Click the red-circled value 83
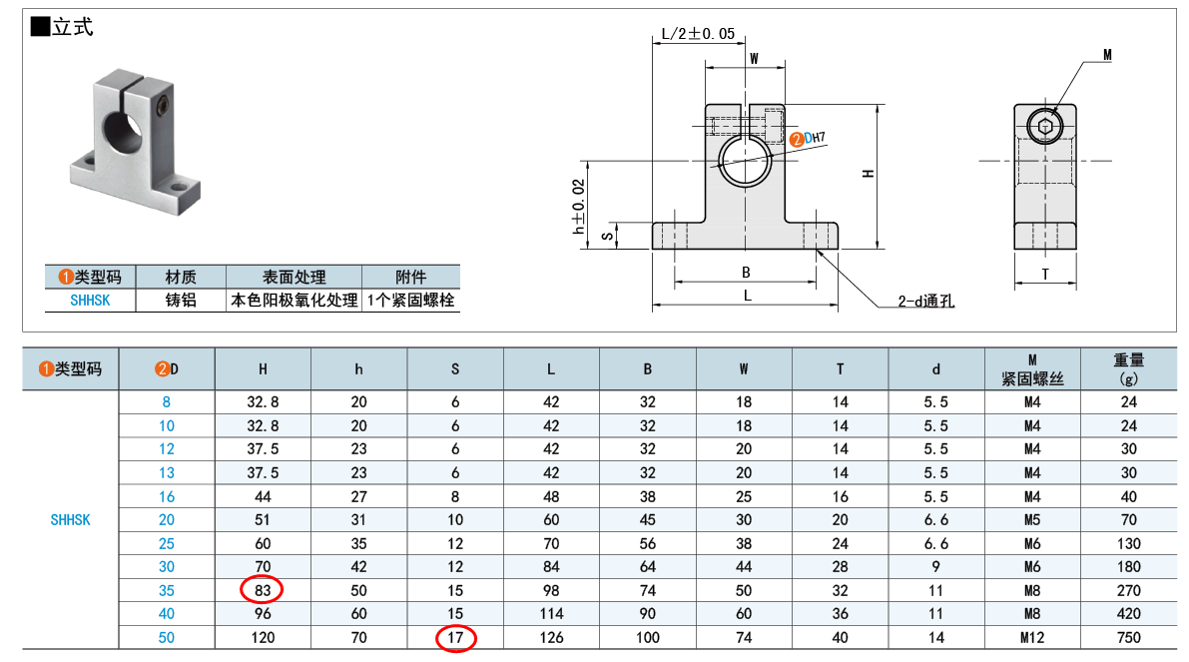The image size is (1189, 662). pyautogui.click(x=263, y=590)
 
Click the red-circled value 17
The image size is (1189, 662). pyautogui.click(x=455, y=637)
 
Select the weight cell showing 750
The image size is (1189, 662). pyautogui.click(x=1128, y=637)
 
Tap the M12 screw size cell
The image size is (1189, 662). pyautogui.click(x=1032, y=637)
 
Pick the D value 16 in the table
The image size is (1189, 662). pyautogui.click(x=167, y=496)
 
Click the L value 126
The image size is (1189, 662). pyautogui.click(x=551, y=637)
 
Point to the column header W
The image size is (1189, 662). pyautogui.click(x=744, y=368)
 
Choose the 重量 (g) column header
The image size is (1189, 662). pyautogui.click(x=1128, y=368)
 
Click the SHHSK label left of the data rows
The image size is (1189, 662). pyautogui.click(x=70, y=519)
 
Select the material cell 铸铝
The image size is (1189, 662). pyautogui.click(x=181, y=300)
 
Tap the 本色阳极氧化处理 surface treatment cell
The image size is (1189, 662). pyautogui.click(x=295, y=300)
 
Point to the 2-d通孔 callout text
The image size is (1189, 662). pyautogui.click(x=925, y=301)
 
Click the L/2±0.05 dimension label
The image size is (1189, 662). pyautogui.click(x=698, y=34)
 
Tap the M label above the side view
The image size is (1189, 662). pyautogui.click(x=1107, y=55)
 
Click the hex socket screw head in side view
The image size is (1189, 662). pyautogui.click(x=1044, y=126)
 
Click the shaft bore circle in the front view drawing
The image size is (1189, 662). pyautogui.click(x=744, y=160)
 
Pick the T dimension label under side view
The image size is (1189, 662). pyautogui.click(x=1045, y=274)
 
